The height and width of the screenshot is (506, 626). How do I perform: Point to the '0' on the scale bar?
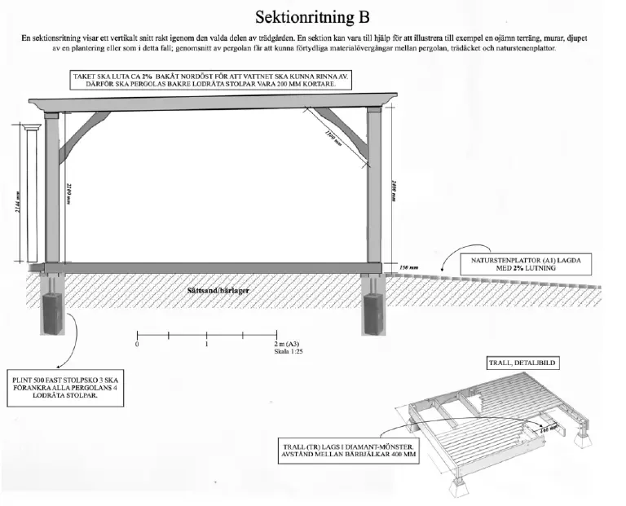click(x=137, y=344)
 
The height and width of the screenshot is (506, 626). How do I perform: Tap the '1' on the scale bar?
click(x=207, y=344)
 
